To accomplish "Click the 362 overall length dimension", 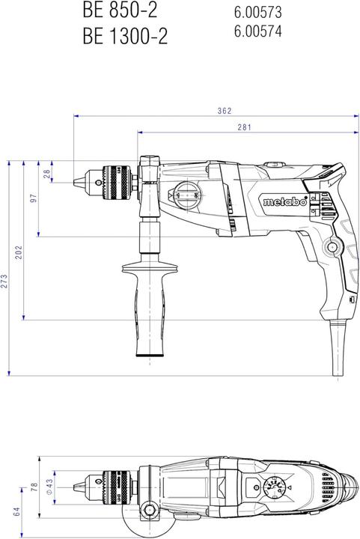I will tap(224, 111).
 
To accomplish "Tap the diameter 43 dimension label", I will tap(49, 487).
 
